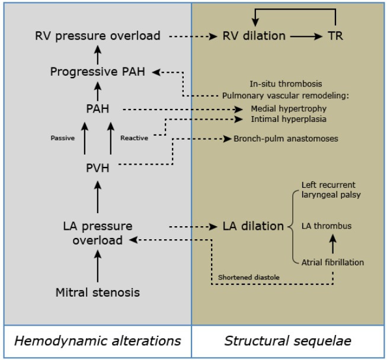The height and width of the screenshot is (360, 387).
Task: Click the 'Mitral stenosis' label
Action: (x=98, y=292)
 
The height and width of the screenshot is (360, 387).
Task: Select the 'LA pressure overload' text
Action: (x=98, y=233)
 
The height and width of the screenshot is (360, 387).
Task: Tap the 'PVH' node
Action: (x=98, y=168)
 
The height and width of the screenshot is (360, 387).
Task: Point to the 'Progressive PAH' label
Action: (x=98, y=72)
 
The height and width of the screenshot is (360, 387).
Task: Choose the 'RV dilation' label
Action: (x=254, y=36)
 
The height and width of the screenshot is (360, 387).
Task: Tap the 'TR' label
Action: (x=335, y=36)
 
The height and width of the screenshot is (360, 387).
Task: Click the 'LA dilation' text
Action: (x=253, y=226)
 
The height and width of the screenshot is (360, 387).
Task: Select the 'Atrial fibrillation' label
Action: (x=332, y=262)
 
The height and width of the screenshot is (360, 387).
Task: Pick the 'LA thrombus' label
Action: (x=327, y=226)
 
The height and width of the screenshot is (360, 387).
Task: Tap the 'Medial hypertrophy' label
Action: (x=289, y=109)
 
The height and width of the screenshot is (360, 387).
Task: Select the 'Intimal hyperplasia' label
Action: (x=289, y=119)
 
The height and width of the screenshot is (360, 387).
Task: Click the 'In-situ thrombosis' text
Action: (x=286, y=84)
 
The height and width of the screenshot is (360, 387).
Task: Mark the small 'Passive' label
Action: (x=62, y=138)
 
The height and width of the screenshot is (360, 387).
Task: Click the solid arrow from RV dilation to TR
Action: (x=306, y=36)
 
